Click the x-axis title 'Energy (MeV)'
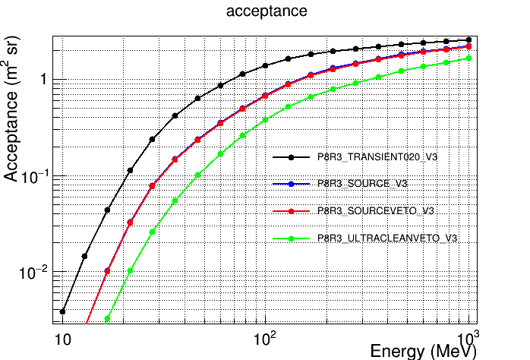423,351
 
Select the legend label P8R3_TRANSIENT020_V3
377,157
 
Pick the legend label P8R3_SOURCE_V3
364,184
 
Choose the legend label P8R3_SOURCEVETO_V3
375,210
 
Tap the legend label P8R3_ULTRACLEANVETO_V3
386,238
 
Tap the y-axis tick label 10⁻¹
36,177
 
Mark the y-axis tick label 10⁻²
36,273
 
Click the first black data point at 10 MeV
63,311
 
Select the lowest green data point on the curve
108,319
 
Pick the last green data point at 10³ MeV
468,58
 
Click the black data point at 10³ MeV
468,39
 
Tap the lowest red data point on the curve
108,271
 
